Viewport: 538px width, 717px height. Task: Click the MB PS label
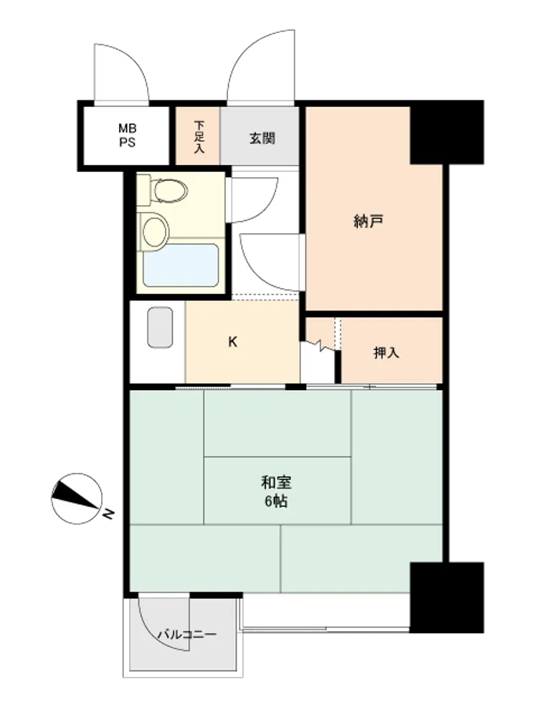click(128, 136)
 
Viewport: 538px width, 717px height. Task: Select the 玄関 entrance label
click(262, 138)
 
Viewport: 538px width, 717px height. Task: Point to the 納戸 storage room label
click(368, 222)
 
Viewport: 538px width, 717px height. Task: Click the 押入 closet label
click(386, 353)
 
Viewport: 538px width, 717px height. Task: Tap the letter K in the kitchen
click(233, 342)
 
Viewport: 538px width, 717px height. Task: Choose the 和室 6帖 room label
click(276, 492)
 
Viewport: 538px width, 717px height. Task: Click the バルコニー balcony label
click(187, 635)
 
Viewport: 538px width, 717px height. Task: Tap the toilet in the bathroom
click(163, 190)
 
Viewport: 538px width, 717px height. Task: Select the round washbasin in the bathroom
click(154, 231)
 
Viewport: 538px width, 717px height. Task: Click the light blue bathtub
click(181, 265)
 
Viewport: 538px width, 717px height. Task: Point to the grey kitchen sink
click(160, 328)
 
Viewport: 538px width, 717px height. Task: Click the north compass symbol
click(77, 498)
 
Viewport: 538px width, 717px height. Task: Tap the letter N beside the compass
click(108, 514)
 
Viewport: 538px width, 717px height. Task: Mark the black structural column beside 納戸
click(446, 132)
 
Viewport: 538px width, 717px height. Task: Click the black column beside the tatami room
click(446, 598)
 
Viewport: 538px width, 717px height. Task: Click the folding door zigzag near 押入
click(321, 346)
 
